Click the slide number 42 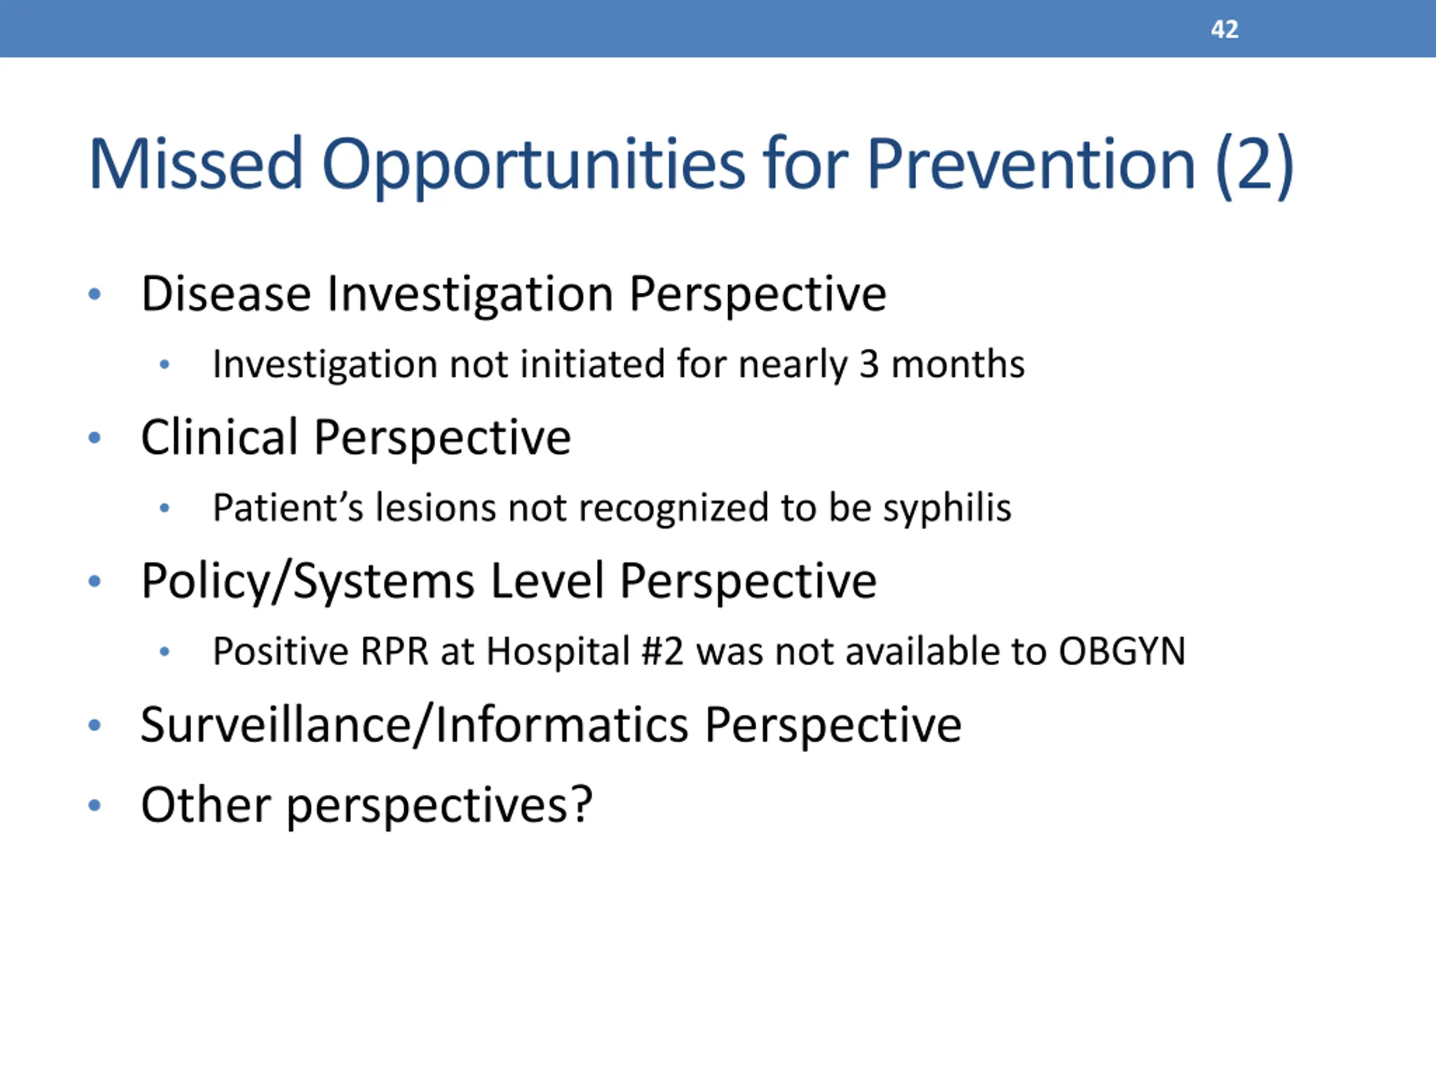click(x=1225, y=29)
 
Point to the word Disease click(x=226, y=294)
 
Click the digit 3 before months click(x=869, y=364)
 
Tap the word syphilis click(x=947, y=508)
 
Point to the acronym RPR click(x=394, y=651)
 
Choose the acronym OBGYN click(x=1122, y=651)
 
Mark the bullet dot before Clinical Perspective click(x=95, y=438)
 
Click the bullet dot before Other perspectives click(x=95, y=806)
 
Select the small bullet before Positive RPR click(x=165, y=651)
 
